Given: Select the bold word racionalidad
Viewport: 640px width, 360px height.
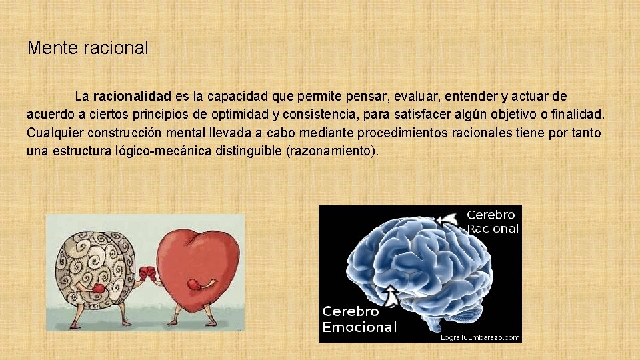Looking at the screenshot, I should point(132,97).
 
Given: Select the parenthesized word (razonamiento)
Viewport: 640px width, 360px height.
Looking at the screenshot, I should point(331,151).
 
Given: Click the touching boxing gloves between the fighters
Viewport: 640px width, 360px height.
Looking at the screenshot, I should point(149,273).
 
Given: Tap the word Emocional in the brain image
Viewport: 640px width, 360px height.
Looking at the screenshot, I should point(359,327).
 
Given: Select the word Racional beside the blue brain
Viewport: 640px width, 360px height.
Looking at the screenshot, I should point(493,229).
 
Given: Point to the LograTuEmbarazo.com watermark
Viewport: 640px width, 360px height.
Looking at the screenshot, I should point(479,337).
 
